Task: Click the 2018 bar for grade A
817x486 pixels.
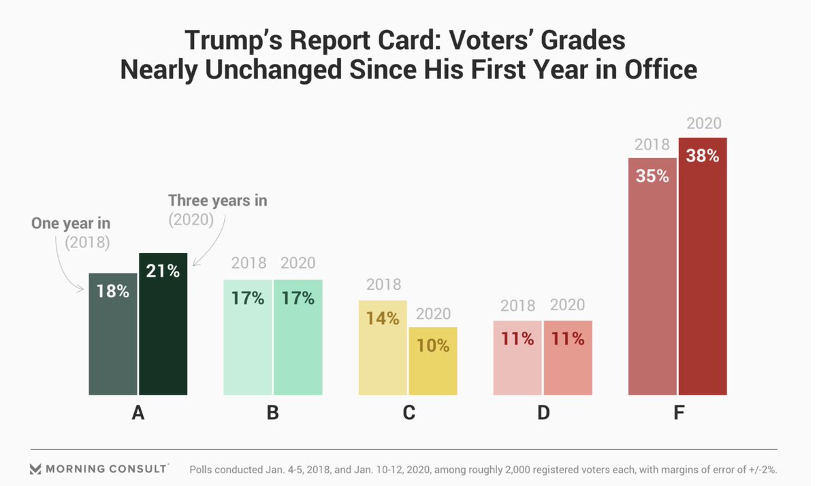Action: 112,341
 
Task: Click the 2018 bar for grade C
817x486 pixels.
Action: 383,354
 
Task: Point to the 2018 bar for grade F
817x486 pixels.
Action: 652,286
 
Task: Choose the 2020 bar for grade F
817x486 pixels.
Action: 703,273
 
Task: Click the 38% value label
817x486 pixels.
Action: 703,155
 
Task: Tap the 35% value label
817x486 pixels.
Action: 652,175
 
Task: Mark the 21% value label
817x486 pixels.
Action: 163,271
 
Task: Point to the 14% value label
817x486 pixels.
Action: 383,318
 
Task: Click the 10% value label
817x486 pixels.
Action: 432,346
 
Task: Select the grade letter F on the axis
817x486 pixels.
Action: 678,413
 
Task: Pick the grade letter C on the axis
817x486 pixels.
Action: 408,413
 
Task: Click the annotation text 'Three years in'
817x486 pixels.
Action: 218,200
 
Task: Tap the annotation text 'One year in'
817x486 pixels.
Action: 71,224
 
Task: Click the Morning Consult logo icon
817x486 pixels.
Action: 35,469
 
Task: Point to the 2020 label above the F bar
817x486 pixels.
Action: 703,124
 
